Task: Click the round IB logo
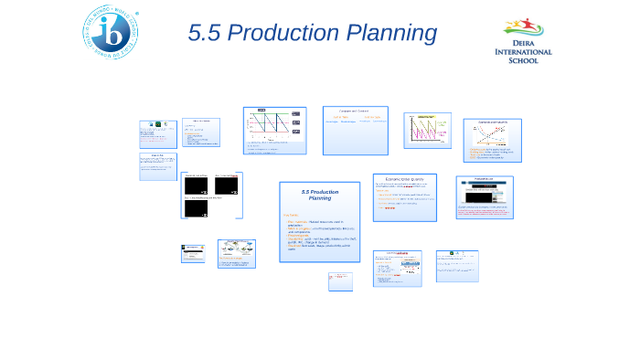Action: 112,32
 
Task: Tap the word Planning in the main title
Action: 393,33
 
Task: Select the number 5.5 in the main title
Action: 204,33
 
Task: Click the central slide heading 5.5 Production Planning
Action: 320,195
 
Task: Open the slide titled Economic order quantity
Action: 404,196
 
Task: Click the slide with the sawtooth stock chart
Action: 274,130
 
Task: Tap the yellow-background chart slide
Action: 427,130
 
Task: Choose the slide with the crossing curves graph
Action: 492,141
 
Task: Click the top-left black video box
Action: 197,185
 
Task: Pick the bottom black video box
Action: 197,208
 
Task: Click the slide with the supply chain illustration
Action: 236,255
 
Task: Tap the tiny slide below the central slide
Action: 340,281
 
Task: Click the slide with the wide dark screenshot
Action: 484,197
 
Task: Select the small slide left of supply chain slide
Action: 193,253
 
